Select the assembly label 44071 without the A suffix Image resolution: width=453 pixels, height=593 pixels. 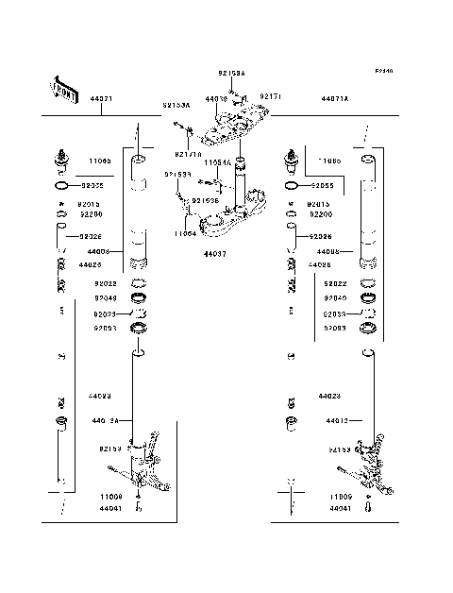tap(102, 99)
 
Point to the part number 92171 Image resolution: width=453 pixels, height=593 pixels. tap(272, 96)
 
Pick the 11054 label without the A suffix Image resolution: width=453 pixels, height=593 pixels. tap(185, 232)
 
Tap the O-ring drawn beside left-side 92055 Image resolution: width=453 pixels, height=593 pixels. tap(60, 187)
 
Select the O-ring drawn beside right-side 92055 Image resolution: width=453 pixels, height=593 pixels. tap(291, 187)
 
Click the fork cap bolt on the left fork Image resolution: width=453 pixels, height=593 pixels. tap(61, 159)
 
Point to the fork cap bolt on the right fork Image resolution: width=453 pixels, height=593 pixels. tap(291, 159)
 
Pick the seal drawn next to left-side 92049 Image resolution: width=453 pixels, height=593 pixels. tap(139, 298)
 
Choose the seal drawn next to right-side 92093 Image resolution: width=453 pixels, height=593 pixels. tap(369, 328)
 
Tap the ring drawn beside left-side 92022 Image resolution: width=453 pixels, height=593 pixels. tap(138, 283)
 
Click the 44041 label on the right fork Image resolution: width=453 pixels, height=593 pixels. tap(342, 508)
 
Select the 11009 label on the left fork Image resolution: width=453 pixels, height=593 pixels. tap(111, 495)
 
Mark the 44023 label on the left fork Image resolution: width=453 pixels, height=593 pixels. tap(101, 396)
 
